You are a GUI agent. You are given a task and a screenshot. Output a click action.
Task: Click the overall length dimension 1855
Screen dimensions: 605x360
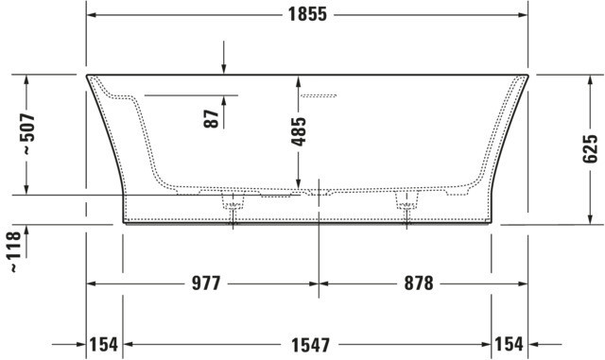[307, 14]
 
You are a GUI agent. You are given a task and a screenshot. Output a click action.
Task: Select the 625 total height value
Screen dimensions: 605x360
[590, 149]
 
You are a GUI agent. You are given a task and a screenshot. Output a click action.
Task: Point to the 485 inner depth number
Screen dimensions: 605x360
[299, 131]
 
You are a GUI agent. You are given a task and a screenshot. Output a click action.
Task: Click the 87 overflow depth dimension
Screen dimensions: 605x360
[212, 119]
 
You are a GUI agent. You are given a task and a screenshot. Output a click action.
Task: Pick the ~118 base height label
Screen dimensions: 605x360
[14, 251]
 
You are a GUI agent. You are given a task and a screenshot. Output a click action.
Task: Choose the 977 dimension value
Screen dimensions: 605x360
[206, 283]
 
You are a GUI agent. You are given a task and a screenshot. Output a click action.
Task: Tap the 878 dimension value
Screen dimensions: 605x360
[419, 283]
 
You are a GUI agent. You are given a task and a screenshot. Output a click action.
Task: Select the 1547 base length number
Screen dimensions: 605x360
[311, 345]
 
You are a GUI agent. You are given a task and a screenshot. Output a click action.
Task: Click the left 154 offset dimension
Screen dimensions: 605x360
[103, 344]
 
